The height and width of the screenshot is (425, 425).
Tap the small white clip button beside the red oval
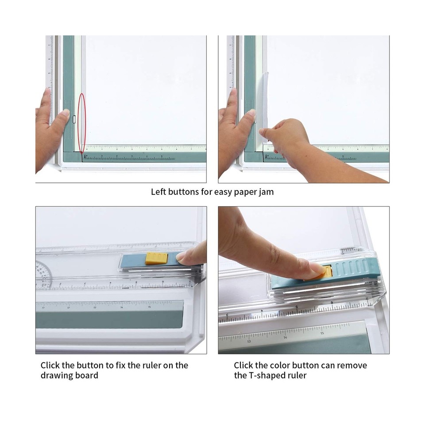click(x=75, y=119)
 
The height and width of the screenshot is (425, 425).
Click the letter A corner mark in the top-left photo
click(x=85, y=156)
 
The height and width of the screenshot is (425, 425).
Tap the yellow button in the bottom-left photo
click(x=156, y=258)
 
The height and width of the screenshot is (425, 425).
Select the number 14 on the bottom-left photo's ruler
click(x=122, y=307)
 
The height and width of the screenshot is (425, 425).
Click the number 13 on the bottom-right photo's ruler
click(x=249, y=341)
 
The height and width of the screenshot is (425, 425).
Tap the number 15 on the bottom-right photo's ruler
click(x=322, y=333)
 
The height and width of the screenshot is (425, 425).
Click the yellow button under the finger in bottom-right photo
click(x=327, y=272)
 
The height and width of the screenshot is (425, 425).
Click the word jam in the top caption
click(x=267, y=192)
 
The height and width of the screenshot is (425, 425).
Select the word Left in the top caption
click(x=159, y=192)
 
